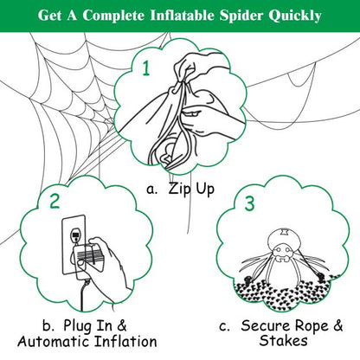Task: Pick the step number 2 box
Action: tap(55, 202)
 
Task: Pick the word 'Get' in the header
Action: tap(50, 16)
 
